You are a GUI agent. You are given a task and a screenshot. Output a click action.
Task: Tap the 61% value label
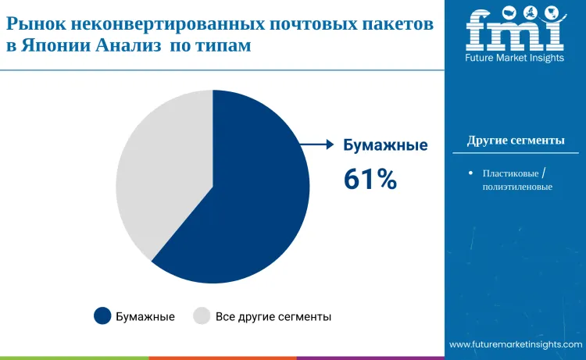tap(370, 180)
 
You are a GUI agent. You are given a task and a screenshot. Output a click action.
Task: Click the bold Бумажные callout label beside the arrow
tap(386, 144)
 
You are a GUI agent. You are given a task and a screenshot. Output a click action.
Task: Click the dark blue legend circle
tap(102, 316)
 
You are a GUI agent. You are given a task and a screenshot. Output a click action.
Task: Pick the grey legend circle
tap(202, 316)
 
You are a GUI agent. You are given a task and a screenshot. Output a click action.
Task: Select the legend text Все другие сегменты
tap(273, 316)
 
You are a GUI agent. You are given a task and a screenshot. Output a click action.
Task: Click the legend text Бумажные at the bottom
tap(145, 316)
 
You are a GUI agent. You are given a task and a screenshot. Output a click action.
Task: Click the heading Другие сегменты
tap(516, 141)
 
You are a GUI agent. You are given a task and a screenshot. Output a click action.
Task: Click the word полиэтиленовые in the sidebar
tap(517, 187)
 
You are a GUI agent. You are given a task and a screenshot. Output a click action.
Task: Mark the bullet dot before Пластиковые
tap(470, 173)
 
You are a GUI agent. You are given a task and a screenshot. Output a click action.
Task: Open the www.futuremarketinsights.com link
tap(516, 344)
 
